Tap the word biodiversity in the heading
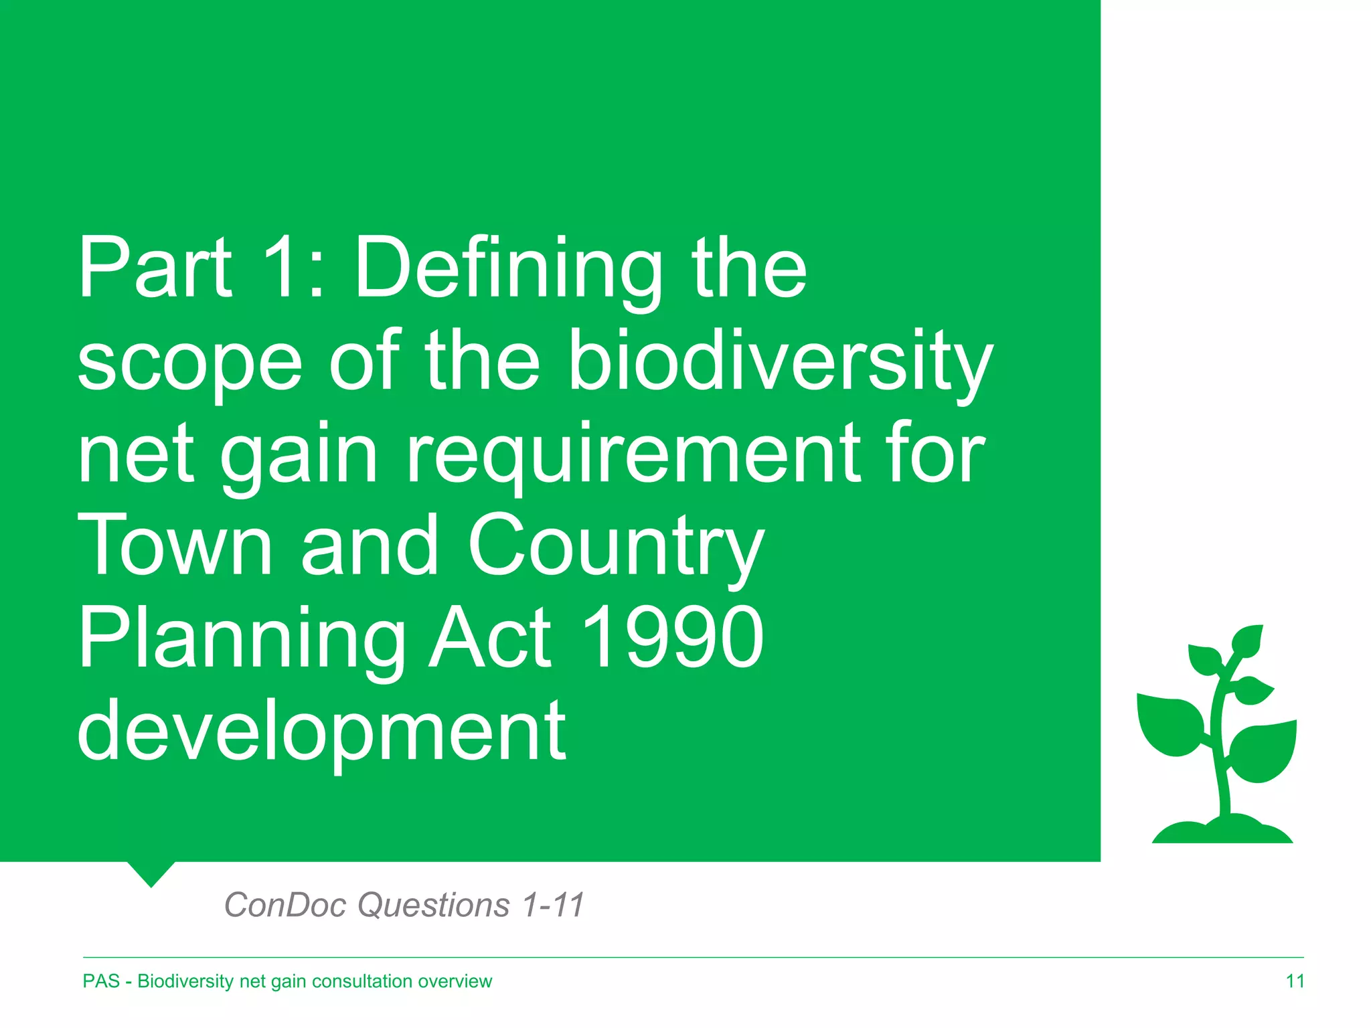click(x=780, y=361)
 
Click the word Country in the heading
click(x=616, y=545)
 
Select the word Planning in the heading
click(x=241, y=639)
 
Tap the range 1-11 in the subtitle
click(x=553, y=905)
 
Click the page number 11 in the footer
click(x=1295, y=981)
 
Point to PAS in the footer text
click(x=101, y=981)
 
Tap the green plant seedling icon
click(x=1218, y=723)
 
